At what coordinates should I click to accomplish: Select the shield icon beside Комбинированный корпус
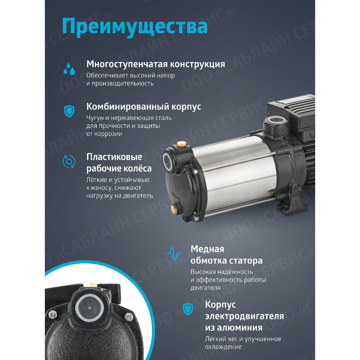point(69,110)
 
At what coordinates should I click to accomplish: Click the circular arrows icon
point(69,161)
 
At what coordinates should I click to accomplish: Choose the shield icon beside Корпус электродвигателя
point(187,308)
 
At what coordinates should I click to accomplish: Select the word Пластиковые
point(114,157)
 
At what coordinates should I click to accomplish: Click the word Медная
point(207,249)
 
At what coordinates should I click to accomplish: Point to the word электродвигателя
point(244,316)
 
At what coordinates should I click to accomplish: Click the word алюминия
point(234,328)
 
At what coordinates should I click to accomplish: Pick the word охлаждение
point(223,347)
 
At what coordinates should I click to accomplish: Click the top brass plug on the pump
point(181,144)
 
